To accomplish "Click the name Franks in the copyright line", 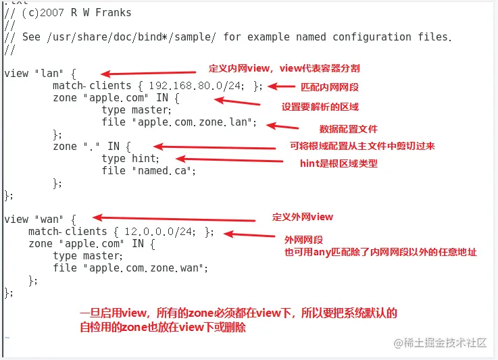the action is coord(114,12).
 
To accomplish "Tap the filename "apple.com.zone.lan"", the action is coord(193,122).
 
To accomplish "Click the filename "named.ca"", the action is coord(162,171).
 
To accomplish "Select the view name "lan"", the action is coord(49,74).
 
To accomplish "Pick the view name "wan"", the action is coord(49,220).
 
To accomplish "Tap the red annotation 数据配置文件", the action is coord(348,129).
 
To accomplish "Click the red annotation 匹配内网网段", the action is coord(330,87).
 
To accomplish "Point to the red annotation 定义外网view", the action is coord(302,217).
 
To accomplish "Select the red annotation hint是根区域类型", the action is coord(339,163).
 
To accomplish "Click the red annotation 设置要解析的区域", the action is coord(320,107).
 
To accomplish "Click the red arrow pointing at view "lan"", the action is coord(149,74).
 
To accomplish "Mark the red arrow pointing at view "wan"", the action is coord(174,218).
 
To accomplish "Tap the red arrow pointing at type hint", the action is coord(229,159).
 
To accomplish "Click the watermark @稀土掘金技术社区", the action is coord(440,343).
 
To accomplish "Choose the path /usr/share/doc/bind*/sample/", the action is coord(132,37).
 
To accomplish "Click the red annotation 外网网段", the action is coord(303,240).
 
